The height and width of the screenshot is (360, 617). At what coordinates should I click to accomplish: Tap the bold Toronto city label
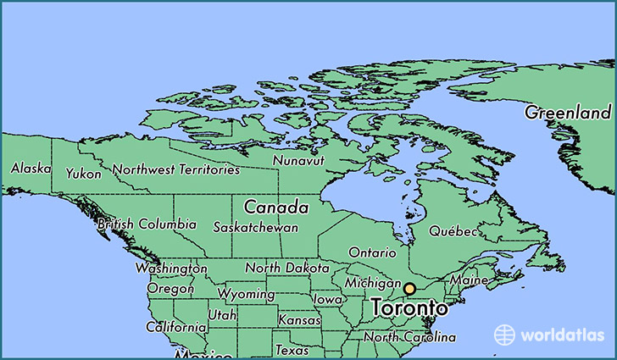tap(409, 308)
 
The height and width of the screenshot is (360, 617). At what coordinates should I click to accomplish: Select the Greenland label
tap(567, 113)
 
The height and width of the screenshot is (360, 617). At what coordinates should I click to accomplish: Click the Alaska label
tap(31, 169)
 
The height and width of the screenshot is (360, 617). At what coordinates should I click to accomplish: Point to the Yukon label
tap(84, 174)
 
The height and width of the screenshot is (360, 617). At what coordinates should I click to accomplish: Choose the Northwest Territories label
tap(176, 170)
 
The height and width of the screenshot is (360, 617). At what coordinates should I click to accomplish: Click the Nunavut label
tap(298, 160)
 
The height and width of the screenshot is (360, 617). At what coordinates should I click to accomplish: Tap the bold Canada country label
tap(275, 207)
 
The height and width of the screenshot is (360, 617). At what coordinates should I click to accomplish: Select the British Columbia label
tap(147, 225)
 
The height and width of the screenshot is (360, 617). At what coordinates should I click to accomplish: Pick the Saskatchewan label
tap(255, 228)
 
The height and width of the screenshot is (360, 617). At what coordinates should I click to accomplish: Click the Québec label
tap(453, 231)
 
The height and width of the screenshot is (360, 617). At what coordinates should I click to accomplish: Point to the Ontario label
tap(372, 252)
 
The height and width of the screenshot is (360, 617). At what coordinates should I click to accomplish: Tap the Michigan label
tap(372, 282)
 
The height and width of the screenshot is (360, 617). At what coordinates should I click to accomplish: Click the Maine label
tap(469, 280)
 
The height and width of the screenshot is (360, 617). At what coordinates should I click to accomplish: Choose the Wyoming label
tap(246, 295)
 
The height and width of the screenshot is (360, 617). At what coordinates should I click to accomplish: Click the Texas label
tap(292, 350)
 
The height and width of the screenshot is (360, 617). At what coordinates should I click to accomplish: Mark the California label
tap(175, 327)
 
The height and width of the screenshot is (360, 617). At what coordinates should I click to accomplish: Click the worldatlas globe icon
tap(505, 335)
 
